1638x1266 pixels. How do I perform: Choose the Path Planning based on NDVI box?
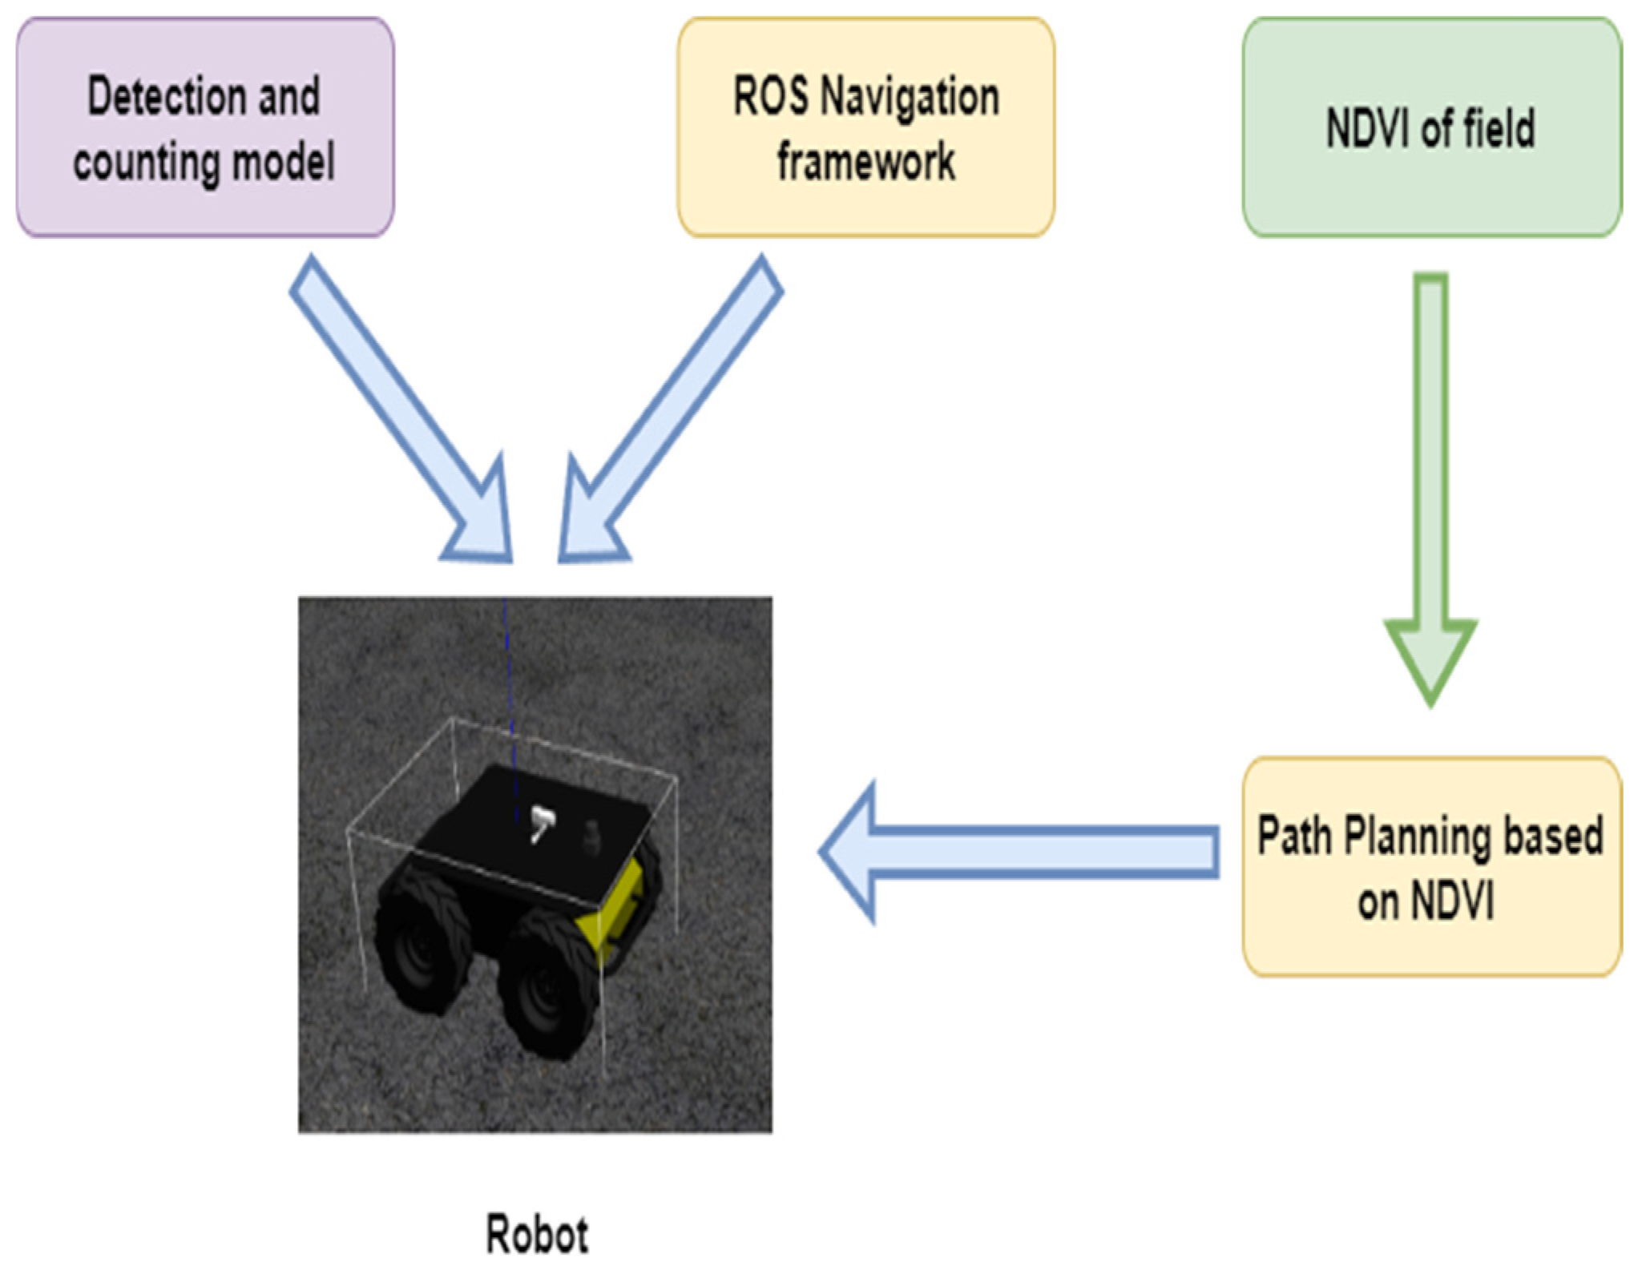1431,867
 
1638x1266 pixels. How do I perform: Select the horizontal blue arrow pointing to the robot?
1018,851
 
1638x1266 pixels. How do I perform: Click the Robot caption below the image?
537,1234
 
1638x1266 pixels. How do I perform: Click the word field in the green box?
1499,128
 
